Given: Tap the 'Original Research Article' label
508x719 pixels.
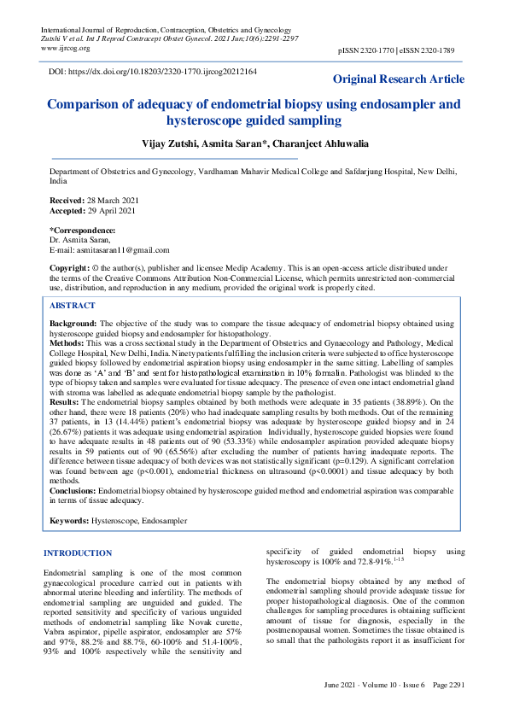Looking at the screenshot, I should [x=399, y=79].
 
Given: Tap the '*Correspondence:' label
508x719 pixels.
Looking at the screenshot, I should [x=83, y=231].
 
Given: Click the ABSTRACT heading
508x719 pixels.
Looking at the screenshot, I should [x=73, y=305].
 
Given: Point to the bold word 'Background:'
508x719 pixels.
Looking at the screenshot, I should [x=73, y=324].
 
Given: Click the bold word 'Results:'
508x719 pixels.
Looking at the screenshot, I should [x=66, y=400].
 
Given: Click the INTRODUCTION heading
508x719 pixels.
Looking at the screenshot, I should [x=78, y=553].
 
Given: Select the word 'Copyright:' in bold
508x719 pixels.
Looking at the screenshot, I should [x=71, y=268].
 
